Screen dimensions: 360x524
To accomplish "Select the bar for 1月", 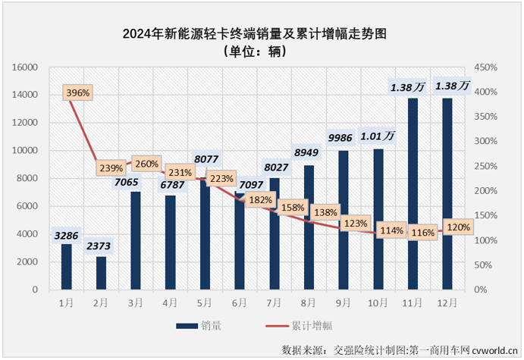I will pyautogui.click(x=67, y=267).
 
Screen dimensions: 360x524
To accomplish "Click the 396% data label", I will pyautogui.click(x=78, y=93).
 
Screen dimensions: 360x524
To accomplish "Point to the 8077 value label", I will pyautogui.click(x=206, y=160).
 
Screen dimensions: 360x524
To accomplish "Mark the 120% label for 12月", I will pyautogui.click(x=458, y=227).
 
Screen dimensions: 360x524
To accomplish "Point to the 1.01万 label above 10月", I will pyautogui.click(x=378, y=136).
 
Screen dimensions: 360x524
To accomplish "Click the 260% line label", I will pyautogui.click(x=146, y=163).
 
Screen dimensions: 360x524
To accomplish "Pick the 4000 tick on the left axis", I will pyautogui.click(x=28, y=234).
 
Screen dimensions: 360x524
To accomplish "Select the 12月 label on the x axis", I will pyautogui.click(x=447, y=302).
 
